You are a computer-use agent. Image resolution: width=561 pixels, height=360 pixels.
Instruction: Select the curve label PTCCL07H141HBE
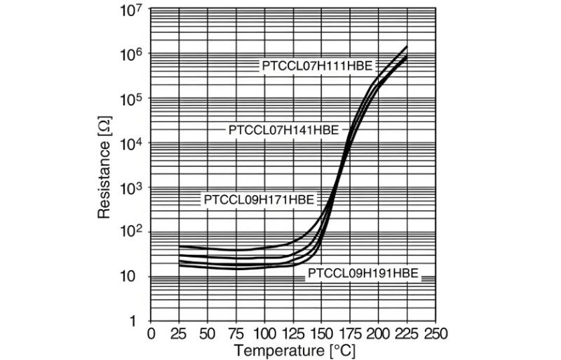(x=283, y=130)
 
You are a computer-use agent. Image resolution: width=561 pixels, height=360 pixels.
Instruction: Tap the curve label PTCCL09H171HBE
(x=259, y=199)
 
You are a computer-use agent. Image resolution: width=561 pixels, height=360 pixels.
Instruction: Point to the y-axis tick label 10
(x=133, y=277)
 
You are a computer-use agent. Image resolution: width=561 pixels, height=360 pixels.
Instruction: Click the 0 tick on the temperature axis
(x=151, y=333)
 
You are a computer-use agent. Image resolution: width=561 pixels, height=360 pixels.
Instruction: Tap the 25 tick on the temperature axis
(x=180, y=333)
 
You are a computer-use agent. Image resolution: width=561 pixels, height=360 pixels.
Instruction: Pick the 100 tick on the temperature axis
(x=265, y=333)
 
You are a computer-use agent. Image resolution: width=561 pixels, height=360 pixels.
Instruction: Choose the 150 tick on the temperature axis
(x=322, y=333)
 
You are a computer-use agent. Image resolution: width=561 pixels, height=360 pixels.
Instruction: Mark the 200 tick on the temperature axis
(x=379, y=333)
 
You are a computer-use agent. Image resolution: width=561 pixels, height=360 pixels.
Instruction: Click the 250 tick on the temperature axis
(x=435, y=333)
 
